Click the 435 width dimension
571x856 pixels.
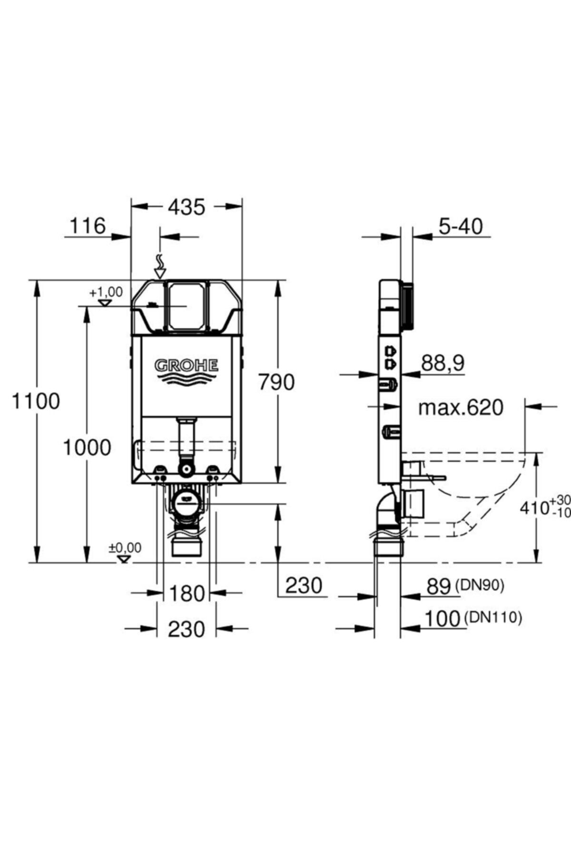point(187,207)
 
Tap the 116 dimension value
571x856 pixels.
point(88,226)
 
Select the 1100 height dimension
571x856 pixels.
point(36,402)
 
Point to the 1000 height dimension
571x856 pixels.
point(87,447)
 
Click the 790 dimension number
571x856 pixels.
point(276,382)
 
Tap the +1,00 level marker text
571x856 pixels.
point(106,292)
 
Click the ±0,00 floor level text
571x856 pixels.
point(125,548)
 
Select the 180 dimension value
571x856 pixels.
point(186,594)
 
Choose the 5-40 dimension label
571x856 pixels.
point(460,226)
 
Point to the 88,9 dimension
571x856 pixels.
point(443,364)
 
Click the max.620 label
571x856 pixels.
point(461,408)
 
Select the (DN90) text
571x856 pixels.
point(480,585)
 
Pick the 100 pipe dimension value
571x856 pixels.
point(442,619)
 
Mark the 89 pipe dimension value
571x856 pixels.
point(439,587)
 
